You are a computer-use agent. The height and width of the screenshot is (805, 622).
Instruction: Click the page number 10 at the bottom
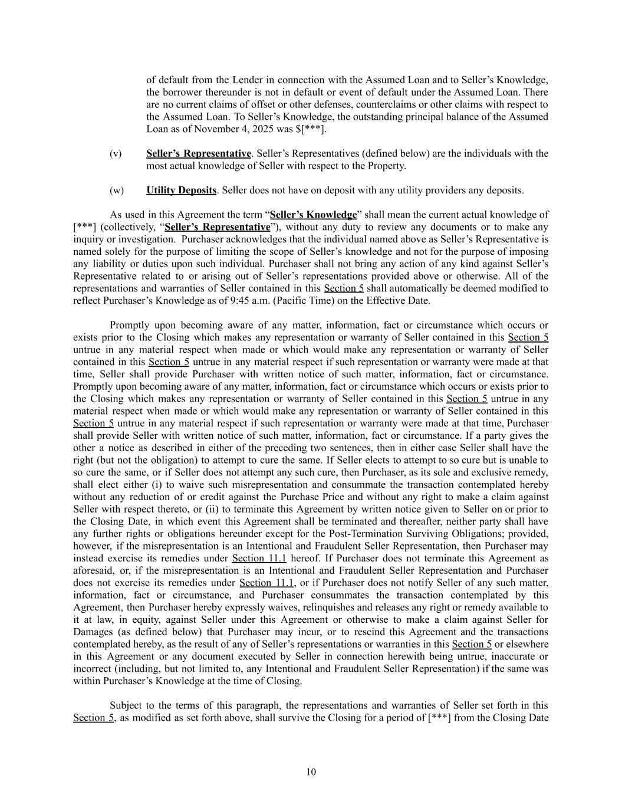[x=311, y=772]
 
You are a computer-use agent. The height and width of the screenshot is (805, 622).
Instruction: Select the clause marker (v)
[x=116, y=154]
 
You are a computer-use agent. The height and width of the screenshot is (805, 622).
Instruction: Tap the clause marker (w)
[x=116, y=190]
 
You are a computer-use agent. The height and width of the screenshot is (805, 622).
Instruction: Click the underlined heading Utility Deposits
[x=181, y=190]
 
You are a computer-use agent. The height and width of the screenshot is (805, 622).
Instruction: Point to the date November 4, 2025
[x=215, y=129]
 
